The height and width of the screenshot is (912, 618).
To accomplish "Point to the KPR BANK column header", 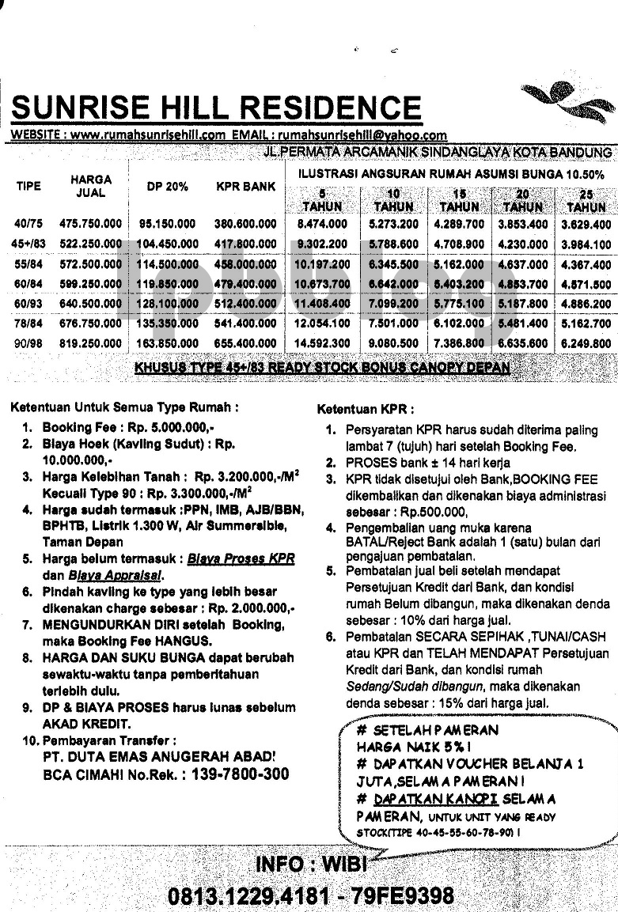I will (x=245, y=187).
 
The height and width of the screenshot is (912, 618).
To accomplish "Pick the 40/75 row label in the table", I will (x=28, y=225).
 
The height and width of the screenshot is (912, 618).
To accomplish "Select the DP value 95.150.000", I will (x=167, y=225).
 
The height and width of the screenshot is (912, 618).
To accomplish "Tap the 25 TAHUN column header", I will (x=586, y=201).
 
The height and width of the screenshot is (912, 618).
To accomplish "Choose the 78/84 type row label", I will (x=28, y=324).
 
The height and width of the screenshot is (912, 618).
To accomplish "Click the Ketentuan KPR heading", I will (x=365, y=410).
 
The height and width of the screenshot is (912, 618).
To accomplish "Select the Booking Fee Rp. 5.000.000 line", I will (x=128, y=427).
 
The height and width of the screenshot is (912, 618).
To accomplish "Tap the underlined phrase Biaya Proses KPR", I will (x=241, y=558).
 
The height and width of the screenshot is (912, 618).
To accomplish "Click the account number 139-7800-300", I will (x=236, y=774).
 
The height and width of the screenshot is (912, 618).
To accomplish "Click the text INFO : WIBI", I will (x=312, y=863).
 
